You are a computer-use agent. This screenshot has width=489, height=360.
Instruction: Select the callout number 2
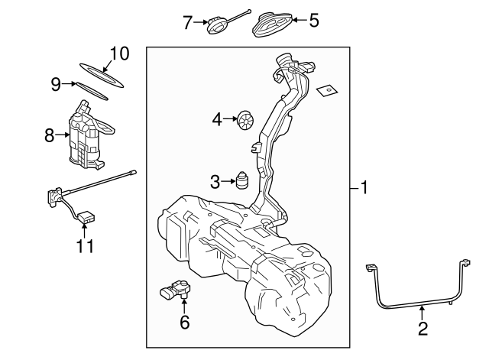(423, 329)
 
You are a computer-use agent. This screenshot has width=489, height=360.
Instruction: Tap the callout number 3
(215, 182)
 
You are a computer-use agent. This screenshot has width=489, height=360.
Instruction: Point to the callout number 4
(217, 119)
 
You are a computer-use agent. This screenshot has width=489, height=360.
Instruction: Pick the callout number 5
(313, 21)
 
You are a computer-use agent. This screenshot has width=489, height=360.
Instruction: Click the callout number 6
(184, 323)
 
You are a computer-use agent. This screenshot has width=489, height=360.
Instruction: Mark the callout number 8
(50, 136)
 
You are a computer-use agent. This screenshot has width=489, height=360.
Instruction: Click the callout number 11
(85, 245)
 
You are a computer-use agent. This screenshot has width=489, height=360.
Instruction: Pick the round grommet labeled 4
(247, 120)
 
